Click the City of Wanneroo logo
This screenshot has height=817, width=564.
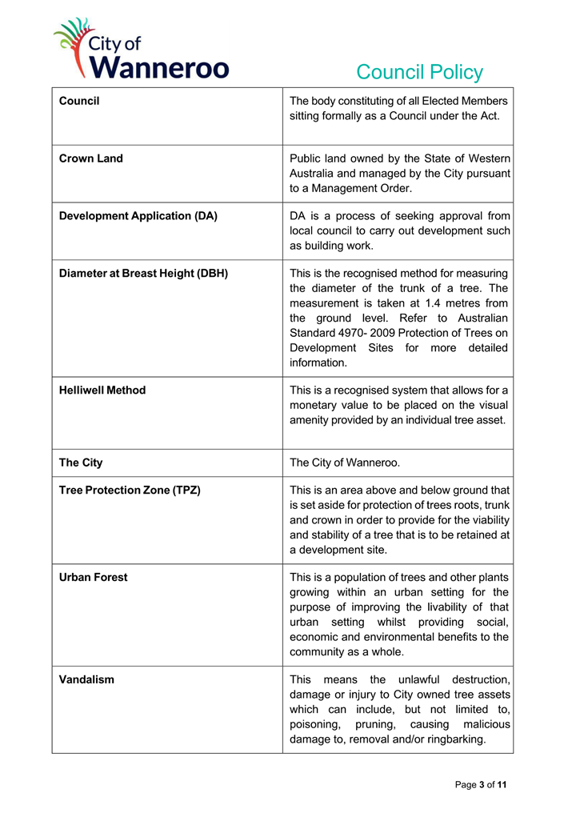tap(141, 50)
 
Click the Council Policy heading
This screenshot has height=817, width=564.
tap(419, 72)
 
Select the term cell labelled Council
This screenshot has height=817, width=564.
tap(79, 101)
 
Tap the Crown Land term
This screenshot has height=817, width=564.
tap(91, 158)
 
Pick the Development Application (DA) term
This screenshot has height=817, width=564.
tap(138, 215)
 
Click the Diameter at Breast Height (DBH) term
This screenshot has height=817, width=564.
tap(143, 273)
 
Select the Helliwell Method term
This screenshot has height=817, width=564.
tap(102, 390)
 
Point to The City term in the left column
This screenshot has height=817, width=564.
tap(81, 463)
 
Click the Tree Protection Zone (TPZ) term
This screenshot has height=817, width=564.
tap(130, 490)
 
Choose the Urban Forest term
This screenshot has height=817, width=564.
tap(93, 577)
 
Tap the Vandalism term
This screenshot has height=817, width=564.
tap(86, 679)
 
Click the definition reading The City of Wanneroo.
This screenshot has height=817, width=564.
tap(344, 463)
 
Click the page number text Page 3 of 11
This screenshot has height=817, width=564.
tap(480, 784)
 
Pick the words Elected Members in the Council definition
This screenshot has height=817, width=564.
tap(466, 101)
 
